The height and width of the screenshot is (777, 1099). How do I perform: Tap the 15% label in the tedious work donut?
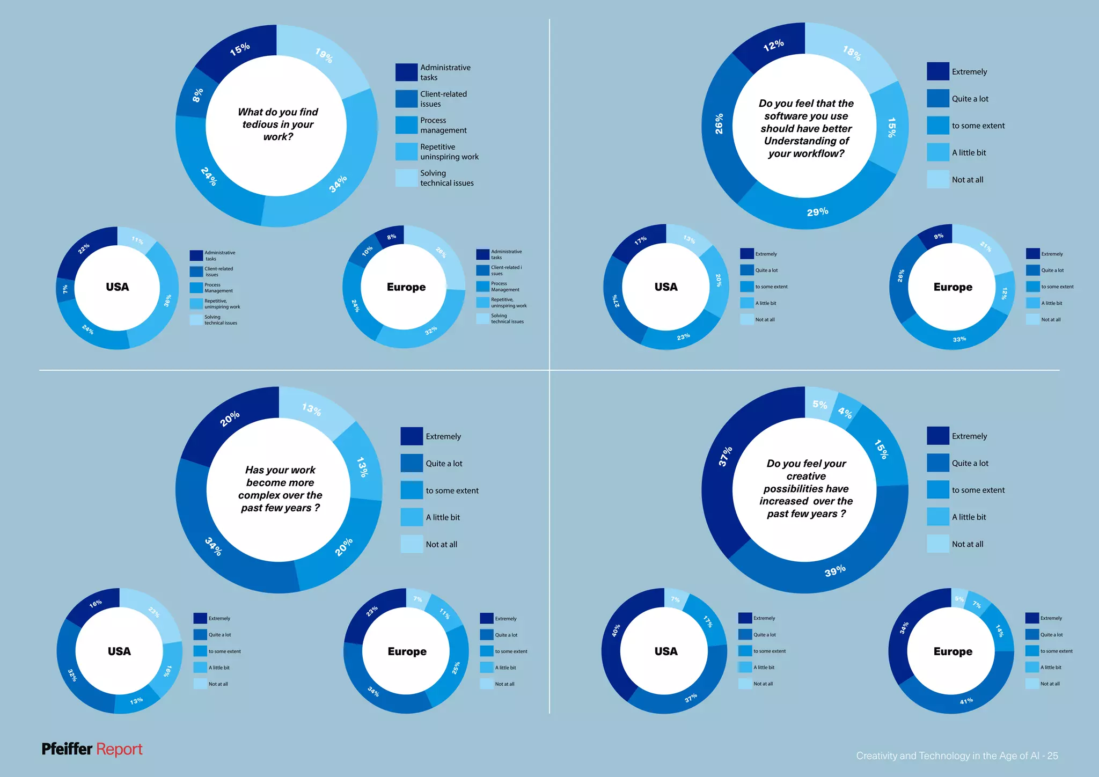click(x=240, y=49)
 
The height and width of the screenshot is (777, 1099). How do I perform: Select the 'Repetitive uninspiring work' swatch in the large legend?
click(x=406, y=151)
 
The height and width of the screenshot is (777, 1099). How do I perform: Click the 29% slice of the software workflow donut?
click(x=817, y=211)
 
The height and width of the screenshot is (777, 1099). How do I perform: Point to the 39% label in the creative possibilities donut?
click(x=835, y=571)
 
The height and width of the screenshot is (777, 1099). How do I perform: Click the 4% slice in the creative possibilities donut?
click(x=846, y=412)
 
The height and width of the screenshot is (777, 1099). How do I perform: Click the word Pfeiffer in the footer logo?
click(x=67, y=749)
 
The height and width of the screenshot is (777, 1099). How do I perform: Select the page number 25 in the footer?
click(x=1052, y=756)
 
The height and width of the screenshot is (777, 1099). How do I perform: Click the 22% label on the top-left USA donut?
click(x=84, y=249)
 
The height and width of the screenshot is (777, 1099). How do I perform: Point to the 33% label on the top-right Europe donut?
click(x=959, y=339)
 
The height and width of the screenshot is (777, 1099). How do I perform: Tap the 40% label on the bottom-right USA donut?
click(x=616, y=630)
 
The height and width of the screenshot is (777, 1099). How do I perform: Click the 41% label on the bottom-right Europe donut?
click(x=966, y=701)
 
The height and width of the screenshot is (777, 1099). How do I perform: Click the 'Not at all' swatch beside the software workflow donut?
click(x=937, y=179)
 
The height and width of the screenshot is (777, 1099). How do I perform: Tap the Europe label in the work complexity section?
click(x=407, y=651)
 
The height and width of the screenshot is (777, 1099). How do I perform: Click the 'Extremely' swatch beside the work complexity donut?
click(x=412, y=436)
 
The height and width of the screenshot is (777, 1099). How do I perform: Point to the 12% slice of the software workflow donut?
click(x=773, y=46)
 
